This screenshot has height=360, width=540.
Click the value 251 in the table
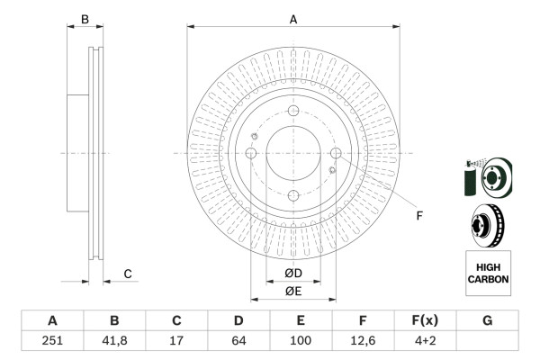(52, 340)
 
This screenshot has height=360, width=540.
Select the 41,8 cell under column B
(114, 340)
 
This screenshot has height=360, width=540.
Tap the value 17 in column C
(176, 340)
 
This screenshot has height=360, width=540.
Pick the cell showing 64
(238, 340)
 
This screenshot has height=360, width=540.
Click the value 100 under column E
(301, 340)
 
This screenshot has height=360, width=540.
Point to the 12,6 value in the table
(363, 340)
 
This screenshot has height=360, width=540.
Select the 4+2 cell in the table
(425, 340)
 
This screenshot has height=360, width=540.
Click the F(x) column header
(425, 320)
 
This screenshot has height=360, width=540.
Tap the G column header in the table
(487, 320)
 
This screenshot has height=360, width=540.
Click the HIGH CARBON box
(488, 274)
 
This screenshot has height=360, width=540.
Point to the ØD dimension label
(292, 273)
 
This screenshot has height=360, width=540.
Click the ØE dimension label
(292, 290)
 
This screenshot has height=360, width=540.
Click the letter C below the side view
(128, 274)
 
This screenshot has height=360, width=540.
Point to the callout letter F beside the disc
(418, 214)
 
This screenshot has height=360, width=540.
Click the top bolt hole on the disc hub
(292, 111)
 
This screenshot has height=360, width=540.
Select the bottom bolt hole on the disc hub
(292, 195)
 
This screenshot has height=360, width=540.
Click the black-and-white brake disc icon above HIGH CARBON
(488, 224)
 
